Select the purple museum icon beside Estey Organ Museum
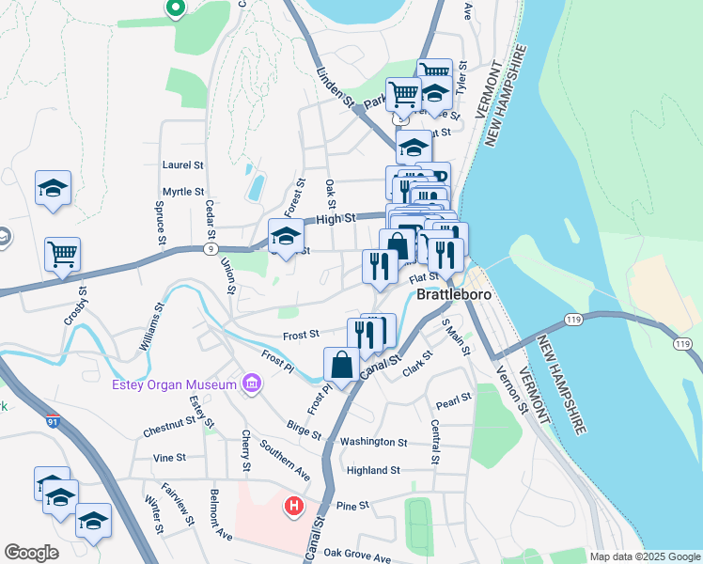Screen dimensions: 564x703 click(x=251, y=384)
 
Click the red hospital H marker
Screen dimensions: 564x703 click(x=294, y=508)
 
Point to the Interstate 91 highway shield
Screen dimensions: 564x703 click(x=54, y=422)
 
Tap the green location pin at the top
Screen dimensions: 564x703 click(x=174, y=8)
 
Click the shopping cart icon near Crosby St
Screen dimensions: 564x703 click(x=62, y=254)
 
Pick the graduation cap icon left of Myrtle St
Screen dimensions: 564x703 click(x=54, y=188)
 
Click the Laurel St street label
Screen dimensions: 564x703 click(x=183, y=164)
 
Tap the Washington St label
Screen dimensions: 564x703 click(x=373, y=441)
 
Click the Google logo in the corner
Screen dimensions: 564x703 click(x=31, y=553)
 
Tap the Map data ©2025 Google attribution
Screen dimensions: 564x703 click(x=644, y=556)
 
